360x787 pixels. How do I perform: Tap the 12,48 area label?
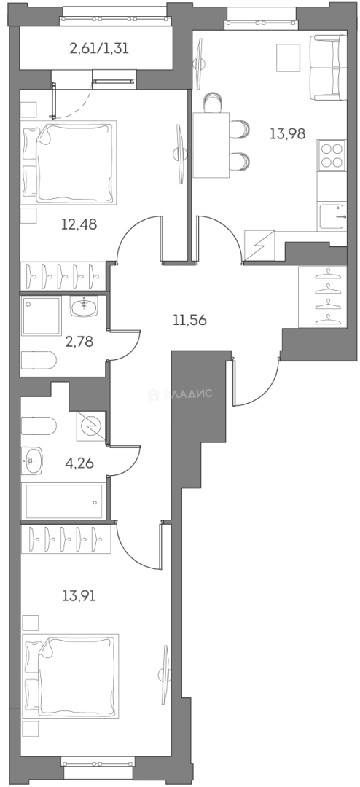click(x=79, y=224)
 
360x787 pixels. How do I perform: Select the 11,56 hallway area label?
click(x=189, y=319)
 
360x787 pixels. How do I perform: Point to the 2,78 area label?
click(x=79, y=342)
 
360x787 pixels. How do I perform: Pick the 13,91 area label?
click(x=79, y=596)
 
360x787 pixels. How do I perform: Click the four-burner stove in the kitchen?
click(x=332, y=156)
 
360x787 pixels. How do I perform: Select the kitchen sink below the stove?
click(x=332, y=216)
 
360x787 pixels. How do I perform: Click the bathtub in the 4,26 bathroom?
click(x=64, y=501)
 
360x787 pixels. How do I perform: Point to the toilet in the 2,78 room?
click(x=39, y=360)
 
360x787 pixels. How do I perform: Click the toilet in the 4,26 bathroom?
click(x=39, y=426)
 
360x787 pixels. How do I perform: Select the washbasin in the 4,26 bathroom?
click(x=32, y=461)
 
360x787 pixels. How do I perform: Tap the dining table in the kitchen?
click(x=211, y=145)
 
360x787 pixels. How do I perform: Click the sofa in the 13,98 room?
click(x=328, y=68)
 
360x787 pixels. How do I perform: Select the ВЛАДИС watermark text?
click(x=180, y=394)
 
